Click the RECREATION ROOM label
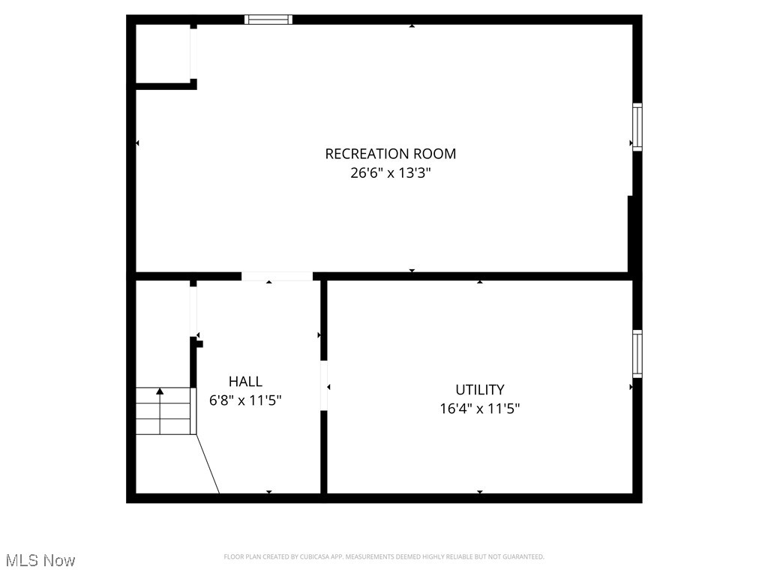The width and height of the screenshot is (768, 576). (x=390, y=154)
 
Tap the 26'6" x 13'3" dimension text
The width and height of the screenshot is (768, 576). (x=390, y=173)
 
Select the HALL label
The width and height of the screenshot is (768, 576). (x=245, y=382)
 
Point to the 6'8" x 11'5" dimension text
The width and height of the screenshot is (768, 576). (x=245, y=400)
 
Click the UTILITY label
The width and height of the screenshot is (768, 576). (x=480, y=389)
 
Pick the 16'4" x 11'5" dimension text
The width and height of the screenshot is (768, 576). (x=480, y=409)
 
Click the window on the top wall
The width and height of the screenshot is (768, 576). (x=269, y=19)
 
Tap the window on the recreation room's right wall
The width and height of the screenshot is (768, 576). (x=637, y=127)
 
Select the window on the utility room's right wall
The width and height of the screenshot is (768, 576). (x=637, y=353)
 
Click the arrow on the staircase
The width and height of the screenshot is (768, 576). (x=160, y=391)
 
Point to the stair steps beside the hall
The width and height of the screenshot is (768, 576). (x=163, y=411)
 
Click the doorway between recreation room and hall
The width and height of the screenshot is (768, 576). (x=277, y=276)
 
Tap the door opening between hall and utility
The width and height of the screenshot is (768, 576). (x=324, y=386)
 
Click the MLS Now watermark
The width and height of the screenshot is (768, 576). (x=40, y=560)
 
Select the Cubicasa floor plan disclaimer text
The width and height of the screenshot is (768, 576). (x=384, y=556)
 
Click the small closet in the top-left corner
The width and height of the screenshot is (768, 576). (x=162, y=52)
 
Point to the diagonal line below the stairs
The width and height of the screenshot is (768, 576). (x=208, y=464)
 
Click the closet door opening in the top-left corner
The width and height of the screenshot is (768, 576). (x=193, y=53)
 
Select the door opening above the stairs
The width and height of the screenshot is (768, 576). (x=193, y=311)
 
